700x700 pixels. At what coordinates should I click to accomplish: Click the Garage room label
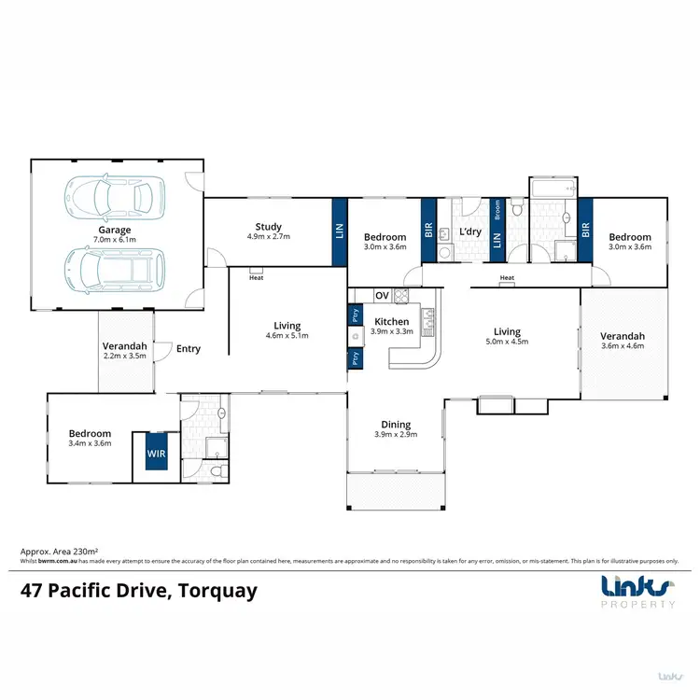pyautogui.click(x=116, y=230)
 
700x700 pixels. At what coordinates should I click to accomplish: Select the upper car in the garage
pyautogui.click(x=109, y=196)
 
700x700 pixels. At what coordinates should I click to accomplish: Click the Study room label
pyautogui.click(x=269, y=227)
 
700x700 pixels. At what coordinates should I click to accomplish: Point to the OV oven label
pyautogui.click(x=382, y=296)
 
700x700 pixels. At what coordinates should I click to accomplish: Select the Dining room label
pyautogui.click(x=395, y=425)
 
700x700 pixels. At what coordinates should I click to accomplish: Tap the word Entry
pyautogui.click(x=189, y=349)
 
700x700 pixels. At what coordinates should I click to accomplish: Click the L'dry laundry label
pyautogui.click(x=469, y=231)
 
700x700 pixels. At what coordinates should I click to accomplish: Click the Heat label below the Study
pyautogui.click(x=256, y=277)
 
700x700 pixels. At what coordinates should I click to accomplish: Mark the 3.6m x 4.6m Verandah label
pyautogui.click(x=622, y=346)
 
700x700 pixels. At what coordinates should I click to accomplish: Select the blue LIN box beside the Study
pyautogui.click(x=339, y=231)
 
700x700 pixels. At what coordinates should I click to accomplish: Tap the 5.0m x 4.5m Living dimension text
pyautogui.click(x=507, y=342)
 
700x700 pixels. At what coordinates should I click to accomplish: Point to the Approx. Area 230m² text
pyautogui.click(x=60, y=553)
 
